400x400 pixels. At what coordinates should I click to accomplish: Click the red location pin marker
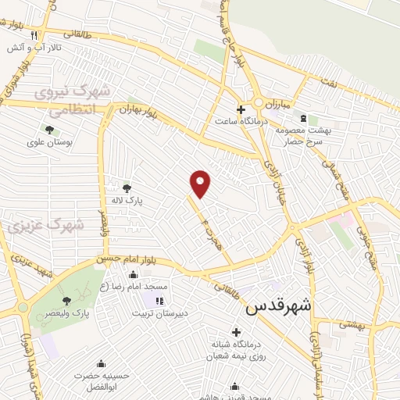tap(201, 183)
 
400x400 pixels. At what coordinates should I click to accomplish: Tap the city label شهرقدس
tap(278, 307)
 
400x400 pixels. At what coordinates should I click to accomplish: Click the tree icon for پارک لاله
tap(127, 187)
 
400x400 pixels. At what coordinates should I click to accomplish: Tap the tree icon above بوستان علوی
tap(49, 130)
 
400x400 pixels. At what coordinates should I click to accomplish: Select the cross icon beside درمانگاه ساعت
tap(241, 109)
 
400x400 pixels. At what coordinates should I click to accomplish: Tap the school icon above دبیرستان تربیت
tap(160, 300)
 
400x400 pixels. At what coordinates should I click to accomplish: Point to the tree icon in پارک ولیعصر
tap(66, 300)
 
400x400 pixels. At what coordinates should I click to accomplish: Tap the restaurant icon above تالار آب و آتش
tap(34, 36)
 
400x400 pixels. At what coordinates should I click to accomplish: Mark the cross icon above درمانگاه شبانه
tap(236, 332)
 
